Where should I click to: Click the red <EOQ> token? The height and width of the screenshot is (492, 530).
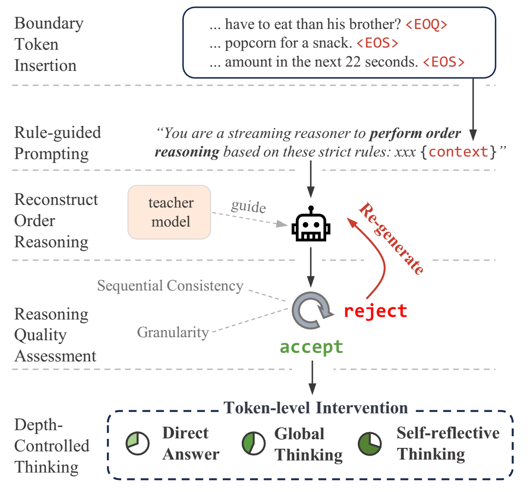426,25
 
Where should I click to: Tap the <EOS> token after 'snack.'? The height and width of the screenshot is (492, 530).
377,43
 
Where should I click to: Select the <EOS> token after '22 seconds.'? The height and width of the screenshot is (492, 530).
443,62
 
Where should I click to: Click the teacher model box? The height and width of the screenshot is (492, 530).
170,212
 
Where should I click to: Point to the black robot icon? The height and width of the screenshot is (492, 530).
311,224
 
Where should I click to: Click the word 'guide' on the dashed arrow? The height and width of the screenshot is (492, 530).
248,206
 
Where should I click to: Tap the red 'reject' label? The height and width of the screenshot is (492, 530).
375,311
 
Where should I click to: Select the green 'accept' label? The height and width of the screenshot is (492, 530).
311,347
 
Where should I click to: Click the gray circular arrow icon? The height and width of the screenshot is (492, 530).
311,310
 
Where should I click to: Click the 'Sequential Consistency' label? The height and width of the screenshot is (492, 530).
170,286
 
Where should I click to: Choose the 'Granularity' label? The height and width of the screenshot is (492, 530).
173,332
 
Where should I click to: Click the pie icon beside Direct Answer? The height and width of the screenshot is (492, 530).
138,443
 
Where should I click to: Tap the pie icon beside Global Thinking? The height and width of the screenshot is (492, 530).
254,443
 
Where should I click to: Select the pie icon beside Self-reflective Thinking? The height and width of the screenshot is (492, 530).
370,443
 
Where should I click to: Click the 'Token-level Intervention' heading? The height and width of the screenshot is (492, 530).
315,408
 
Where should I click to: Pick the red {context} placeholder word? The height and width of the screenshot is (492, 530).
458,152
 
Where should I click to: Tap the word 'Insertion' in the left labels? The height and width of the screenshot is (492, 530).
45,66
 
